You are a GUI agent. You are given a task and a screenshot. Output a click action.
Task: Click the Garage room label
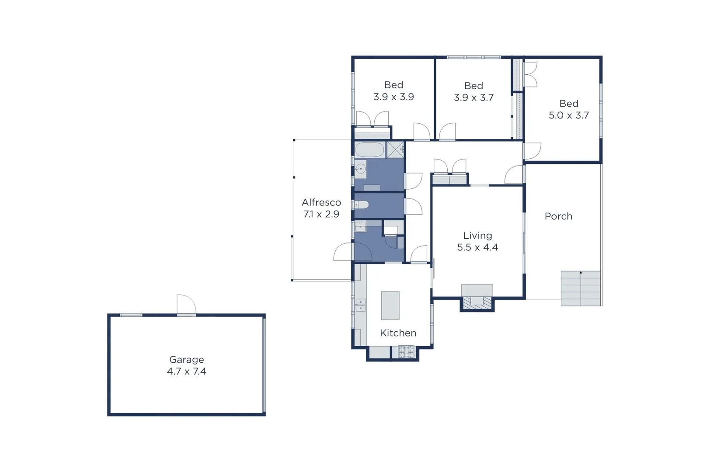pyautogui.click(x=187, y=360)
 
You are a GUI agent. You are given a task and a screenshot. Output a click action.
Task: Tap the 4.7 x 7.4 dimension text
pyautogui.click(x=187, y=371)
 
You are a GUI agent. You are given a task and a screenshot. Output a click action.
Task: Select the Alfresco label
pyautogui.click(x=321, y=202)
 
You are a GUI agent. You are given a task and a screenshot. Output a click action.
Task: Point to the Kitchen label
pyautogui.click(x=398, y=333)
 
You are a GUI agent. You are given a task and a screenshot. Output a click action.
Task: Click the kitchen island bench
pyautogui.click(x=390, y=305)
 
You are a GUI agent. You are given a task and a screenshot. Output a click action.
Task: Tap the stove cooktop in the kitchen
pyautogui.click(x=406, y=351)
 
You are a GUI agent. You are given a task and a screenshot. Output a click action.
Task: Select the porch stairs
pyautogui.click(x=581, y=288)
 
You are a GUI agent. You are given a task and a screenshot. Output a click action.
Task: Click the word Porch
pyautogui.click(x=558, y=216)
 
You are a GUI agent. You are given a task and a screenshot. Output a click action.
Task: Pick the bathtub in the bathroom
pyautogui.click(x=369, y=150)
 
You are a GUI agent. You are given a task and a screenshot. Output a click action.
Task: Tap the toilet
pyautogui.click(x=361, y=205)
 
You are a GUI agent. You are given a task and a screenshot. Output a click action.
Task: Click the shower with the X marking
pyautogui.click(x=396, y=149)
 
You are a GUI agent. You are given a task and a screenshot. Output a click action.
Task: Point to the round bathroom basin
pyautogui.click(x=361, y=169)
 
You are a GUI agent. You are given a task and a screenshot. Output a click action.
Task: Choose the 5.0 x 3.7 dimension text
pyautogui.click(x=569, y=115)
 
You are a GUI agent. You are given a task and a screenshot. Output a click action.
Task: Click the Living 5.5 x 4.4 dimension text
pyautogui.click(x=477, y=247)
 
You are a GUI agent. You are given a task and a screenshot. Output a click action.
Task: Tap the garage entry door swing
pyautogui.click(x=186, y=304)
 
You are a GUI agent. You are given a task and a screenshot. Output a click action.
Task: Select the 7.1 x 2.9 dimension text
pyautogui.click(x=321, y=214)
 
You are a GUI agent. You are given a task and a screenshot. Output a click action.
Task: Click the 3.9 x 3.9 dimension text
pyautogui.click(x=393, y=97)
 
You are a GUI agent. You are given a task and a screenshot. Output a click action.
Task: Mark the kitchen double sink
pyautogui.click(x=360, y=305)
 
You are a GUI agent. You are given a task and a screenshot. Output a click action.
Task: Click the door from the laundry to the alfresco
pyautogui.click(x=344, y=252)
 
